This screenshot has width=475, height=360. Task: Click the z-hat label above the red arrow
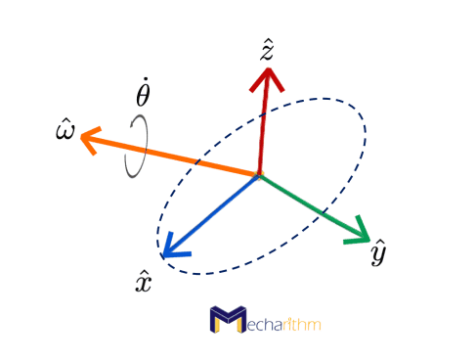point(266,50)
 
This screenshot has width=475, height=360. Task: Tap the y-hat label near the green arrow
point(379,253)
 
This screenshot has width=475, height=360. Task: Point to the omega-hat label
point(65,127)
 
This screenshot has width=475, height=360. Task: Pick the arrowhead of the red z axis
point(267,77)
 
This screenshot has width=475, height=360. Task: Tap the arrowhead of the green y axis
point(358,235)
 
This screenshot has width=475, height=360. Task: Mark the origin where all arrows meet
point(259,176)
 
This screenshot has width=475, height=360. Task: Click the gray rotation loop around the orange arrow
point(138,147)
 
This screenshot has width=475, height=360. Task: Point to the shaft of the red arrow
point(263,127)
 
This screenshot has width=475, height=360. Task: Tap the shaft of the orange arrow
point(176,157)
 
